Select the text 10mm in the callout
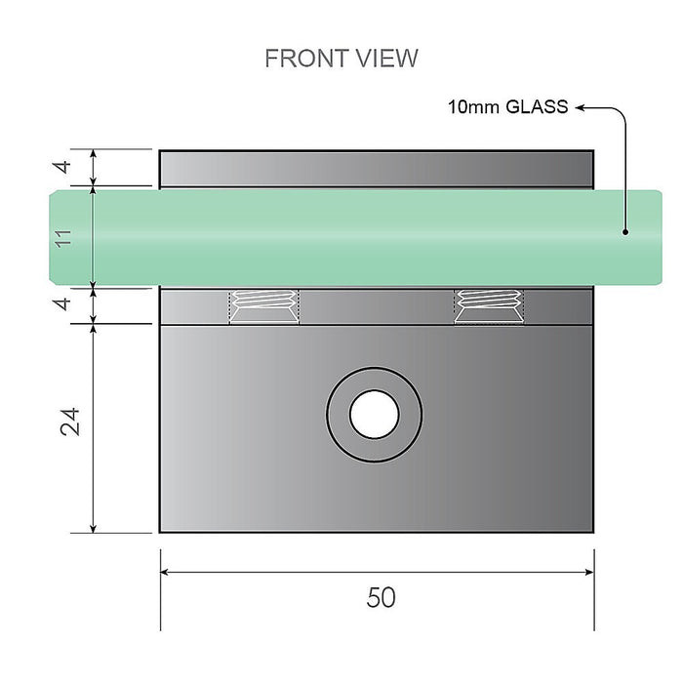472,107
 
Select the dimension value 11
65,237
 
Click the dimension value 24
67,422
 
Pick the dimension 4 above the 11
63,167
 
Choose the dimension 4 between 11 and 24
63,304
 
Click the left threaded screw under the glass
263,306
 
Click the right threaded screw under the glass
488,306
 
